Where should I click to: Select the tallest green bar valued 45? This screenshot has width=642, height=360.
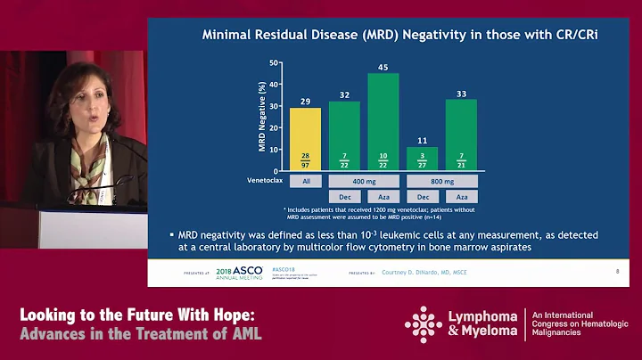[x=383, y=120]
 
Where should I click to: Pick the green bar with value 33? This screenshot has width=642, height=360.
[x=461, y=134]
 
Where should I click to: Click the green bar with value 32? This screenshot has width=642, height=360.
[x=344, y=134]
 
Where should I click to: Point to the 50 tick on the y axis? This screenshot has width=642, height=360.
[x=277, y=63]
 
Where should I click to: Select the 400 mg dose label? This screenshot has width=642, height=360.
[x=364, y=180]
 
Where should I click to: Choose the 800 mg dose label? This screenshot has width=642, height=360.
[x=441, y=180]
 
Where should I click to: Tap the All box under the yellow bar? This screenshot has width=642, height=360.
[x=306, y=180]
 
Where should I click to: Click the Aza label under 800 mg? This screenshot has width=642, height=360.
[x=461, y=196]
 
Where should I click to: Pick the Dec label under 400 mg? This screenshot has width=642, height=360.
[x=344, y=196]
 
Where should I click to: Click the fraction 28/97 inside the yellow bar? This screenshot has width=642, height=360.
[x=306, y=158]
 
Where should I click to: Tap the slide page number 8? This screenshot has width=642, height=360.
[x=617, y=268]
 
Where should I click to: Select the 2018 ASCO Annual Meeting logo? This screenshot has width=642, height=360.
[x=237, y=271]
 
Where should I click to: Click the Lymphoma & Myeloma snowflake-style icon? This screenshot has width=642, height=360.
[x=423, y=324]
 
